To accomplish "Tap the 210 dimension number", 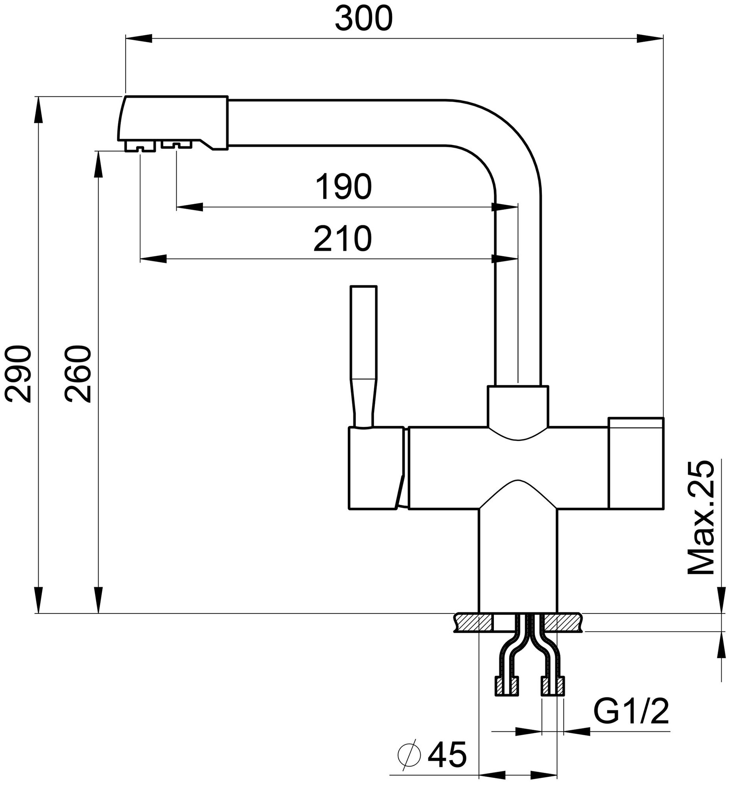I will pos(342,239).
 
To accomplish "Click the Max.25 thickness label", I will pos(701,517).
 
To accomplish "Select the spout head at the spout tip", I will pos(173,122).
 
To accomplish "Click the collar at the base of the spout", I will pos(518,407).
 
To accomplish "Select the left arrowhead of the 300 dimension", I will pos(138,38).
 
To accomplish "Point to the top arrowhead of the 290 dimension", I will pos(38,109).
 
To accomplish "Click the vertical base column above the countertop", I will pos(517,561).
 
